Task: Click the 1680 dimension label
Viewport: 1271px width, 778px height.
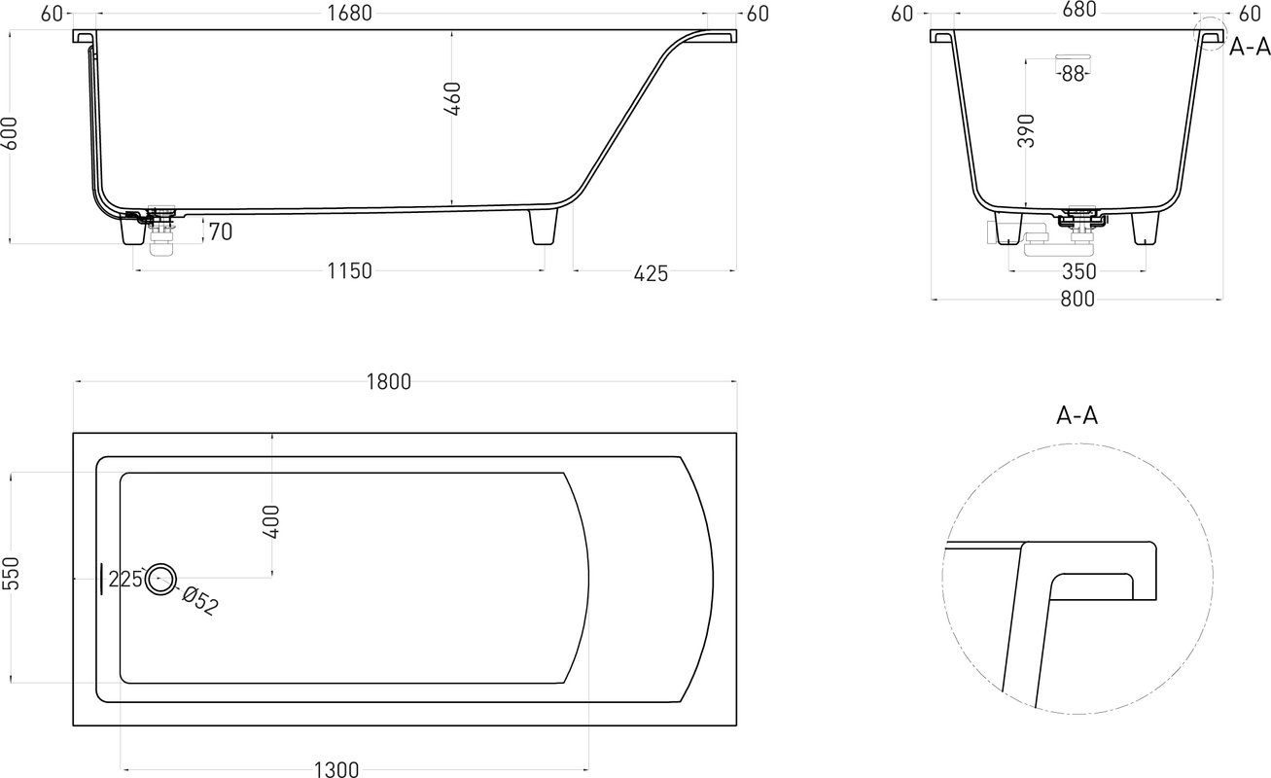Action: [x=349, y=13]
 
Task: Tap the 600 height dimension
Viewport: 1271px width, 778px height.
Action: [x=10, y=133]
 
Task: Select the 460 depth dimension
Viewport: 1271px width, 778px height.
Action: [x=453, y=99]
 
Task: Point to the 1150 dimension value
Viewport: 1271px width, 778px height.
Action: [x=349, y=271]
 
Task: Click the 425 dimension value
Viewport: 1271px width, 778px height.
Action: [x=651, y=274]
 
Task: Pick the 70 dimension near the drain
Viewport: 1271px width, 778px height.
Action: [x=221, y=231]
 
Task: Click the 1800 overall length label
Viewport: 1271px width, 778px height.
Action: [x=389, y=382]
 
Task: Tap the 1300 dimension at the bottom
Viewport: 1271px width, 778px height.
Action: [x=336, y=769]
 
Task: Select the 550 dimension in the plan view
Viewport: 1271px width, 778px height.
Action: [x=11, y=573]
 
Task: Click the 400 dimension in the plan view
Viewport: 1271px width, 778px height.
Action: [x=272, y=521]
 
